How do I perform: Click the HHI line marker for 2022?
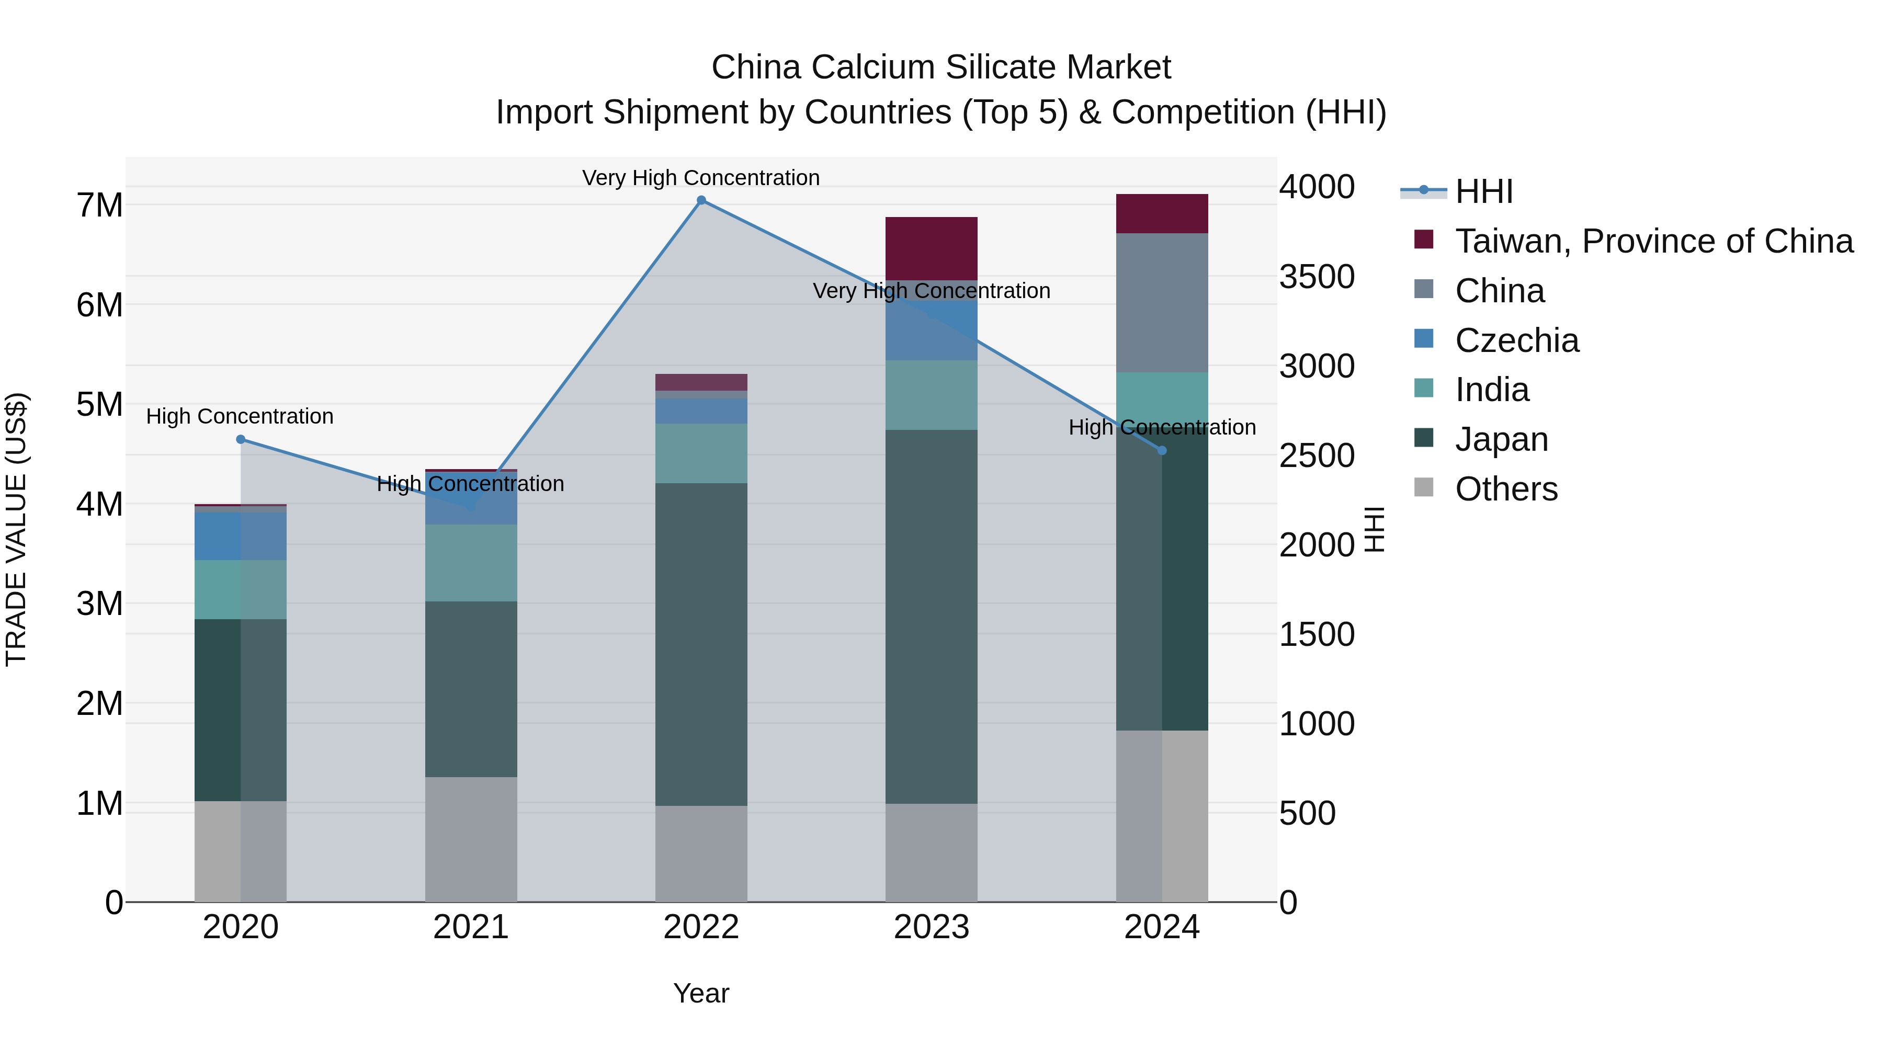(x=701, y=200)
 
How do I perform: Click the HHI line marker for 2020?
(x=241, y=439)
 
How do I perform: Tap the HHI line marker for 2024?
(x=1162, y=450)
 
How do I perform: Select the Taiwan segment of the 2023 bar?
(x=931, y=248)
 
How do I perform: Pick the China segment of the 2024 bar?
(x=1162, y=303)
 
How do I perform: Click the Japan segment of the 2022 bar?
(x=701, y=643)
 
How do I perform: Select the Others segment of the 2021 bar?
(x=471, y=839)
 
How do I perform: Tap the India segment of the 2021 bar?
(x=471, y=563)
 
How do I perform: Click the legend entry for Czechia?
(x=1517, y=340)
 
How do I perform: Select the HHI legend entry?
(x=1484, y=191)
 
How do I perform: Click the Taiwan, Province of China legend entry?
(x=1653, y=241)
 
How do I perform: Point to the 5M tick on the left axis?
(x=99, y=404)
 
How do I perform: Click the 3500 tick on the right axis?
(x=1317, y=277)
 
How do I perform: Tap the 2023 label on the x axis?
(x=931, y=927)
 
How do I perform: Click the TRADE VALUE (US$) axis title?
(x=16, y=529)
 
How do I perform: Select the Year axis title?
(x=701, y=993)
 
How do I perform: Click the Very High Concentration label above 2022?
(x=701, y=178)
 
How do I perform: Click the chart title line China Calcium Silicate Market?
(x=941, y=67)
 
